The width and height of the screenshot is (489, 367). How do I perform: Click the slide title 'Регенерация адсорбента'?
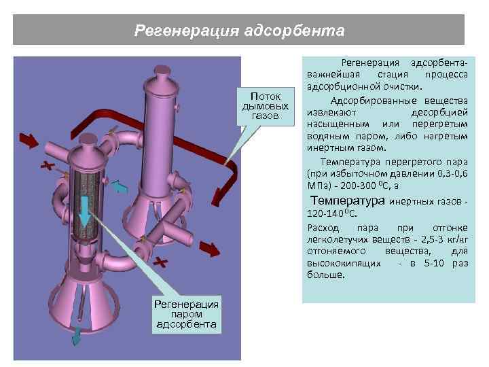pos(239,31)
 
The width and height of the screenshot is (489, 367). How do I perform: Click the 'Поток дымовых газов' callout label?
pos(266,106)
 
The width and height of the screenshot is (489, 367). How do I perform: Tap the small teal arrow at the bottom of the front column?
pos(77,334)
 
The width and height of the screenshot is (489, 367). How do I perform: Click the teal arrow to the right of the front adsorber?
pos(120,186)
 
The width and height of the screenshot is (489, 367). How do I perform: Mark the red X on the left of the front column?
pos(46,166)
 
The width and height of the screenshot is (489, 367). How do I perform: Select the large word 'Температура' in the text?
pos(347,201)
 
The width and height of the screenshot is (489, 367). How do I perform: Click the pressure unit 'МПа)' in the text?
pos(319,184)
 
